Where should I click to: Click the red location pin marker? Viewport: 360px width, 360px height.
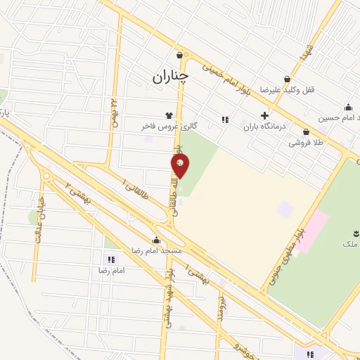point(181,165)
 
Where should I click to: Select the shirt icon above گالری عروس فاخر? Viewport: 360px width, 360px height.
point(169,115)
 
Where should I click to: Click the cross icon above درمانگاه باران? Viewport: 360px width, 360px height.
point(264,115)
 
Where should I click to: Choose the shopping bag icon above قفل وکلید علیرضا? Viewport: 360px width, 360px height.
point(287,79)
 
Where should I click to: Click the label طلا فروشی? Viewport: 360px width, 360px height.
point(304,143)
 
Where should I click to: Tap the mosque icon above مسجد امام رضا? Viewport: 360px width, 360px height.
point(157,240)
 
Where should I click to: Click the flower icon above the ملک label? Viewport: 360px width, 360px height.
point(354,233)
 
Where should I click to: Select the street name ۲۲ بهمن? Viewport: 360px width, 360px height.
point(113,109)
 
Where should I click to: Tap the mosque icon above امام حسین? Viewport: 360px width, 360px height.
point(348,107)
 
